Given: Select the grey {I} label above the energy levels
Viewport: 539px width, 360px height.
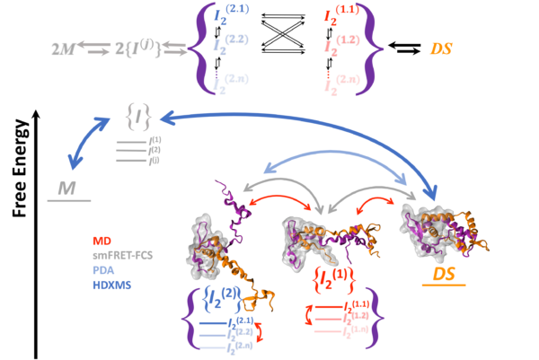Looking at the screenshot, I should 138,114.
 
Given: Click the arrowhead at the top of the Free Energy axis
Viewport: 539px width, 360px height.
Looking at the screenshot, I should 35,111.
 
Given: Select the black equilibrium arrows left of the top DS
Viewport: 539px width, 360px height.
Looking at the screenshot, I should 406,48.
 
